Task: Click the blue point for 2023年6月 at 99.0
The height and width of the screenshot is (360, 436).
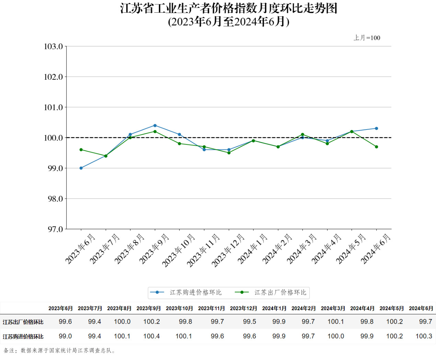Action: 81,168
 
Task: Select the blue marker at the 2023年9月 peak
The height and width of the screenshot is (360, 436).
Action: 155,125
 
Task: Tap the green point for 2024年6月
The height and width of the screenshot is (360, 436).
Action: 376,147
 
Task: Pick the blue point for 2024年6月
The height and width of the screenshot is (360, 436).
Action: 376,128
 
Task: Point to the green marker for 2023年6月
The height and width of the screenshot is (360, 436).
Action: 81,150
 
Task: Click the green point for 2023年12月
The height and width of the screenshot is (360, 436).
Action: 229,153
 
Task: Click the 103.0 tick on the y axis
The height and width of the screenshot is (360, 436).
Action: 54,46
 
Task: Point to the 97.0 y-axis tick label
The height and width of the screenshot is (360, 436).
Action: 55,229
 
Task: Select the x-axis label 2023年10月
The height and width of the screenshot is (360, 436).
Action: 179,250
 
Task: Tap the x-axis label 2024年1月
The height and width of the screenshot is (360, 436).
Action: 252,249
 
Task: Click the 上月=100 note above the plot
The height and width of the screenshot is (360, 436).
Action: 367,38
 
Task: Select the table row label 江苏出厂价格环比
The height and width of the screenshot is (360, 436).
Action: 23,322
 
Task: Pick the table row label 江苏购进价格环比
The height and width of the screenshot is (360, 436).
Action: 23,337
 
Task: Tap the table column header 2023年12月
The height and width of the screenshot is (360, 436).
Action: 243,308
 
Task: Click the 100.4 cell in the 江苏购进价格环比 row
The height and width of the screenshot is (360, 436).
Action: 151,336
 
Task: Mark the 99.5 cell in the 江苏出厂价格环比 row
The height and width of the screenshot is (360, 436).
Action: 250,322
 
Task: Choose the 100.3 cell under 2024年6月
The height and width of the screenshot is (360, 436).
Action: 424,336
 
